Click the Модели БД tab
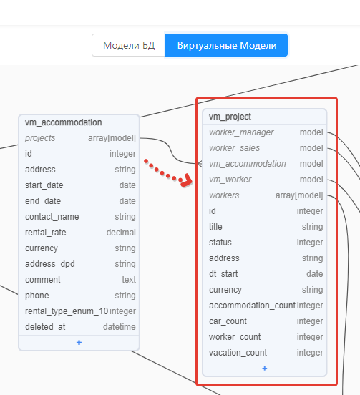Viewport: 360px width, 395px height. coord(129,45)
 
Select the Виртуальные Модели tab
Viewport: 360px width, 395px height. coord(226,45)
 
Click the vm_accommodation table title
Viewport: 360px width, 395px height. coord(64,122)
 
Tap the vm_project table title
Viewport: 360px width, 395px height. coord(230,117)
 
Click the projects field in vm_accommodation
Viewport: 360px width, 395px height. coord(40,138)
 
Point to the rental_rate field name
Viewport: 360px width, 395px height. coord(46,233)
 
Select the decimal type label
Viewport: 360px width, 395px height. coord(121,233)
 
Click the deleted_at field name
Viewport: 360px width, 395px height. coord(45,327)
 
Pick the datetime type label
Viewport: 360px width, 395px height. coord(120,327)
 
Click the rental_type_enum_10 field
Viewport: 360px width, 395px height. coord(67,311)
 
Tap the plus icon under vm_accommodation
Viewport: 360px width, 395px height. coord(79,343)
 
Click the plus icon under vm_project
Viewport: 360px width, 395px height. coord(265,369)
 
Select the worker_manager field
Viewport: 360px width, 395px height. coord(241,132)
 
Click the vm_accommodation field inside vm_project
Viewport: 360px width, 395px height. coord(248,164)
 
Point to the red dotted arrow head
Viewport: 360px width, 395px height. coord(186,180)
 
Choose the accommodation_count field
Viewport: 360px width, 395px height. coord(252,306)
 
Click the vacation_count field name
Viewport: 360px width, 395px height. coord(238,353)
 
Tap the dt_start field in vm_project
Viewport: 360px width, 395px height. coord(223,274)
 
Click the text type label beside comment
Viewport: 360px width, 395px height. coord(129,280)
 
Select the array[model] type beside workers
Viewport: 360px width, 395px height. coord(299,195)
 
